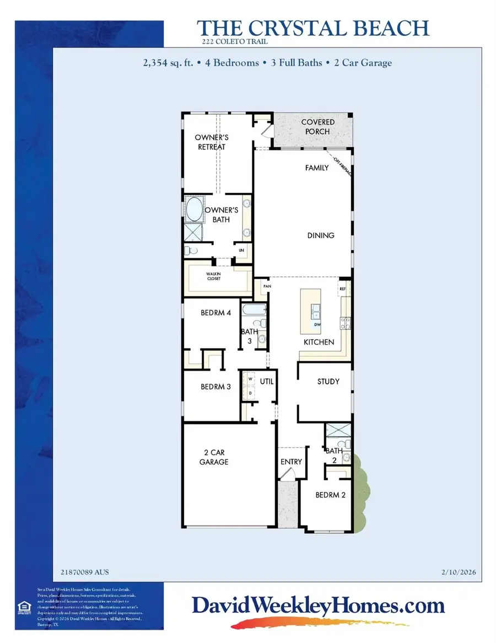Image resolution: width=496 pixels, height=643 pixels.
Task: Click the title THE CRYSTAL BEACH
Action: click(x=313, y=28)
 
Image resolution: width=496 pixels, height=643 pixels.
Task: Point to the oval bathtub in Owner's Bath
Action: click(x=194, y=210)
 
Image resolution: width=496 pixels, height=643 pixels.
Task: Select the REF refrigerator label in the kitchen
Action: click(x=342, y=288)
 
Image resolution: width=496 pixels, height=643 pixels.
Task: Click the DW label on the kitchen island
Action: click(x=317, y=325)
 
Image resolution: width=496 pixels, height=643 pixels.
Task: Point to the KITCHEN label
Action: click(x=319, y=342)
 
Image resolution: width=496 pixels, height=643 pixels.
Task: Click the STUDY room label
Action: click(x=328, y=382)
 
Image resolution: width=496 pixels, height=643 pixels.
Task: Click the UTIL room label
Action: click(x=267, y=381)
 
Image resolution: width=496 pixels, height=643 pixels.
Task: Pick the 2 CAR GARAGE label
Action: click(x=214, y=458)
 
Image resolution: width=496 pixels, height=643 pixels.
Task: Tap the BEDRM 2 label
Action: click(x=330, y=495)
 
